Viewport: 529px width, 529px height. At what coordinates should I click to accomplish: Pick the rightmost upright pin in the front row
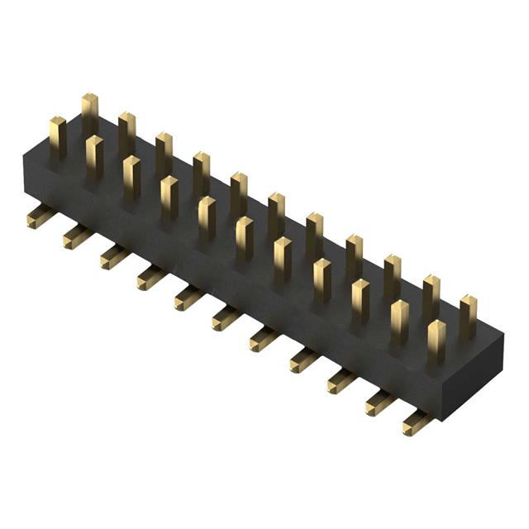436,340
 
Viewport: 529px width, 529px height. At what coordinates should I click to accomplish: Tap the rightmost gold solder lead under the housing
416,425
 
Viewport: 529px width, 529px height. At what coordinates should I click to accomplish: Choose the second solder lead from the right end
379,403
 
